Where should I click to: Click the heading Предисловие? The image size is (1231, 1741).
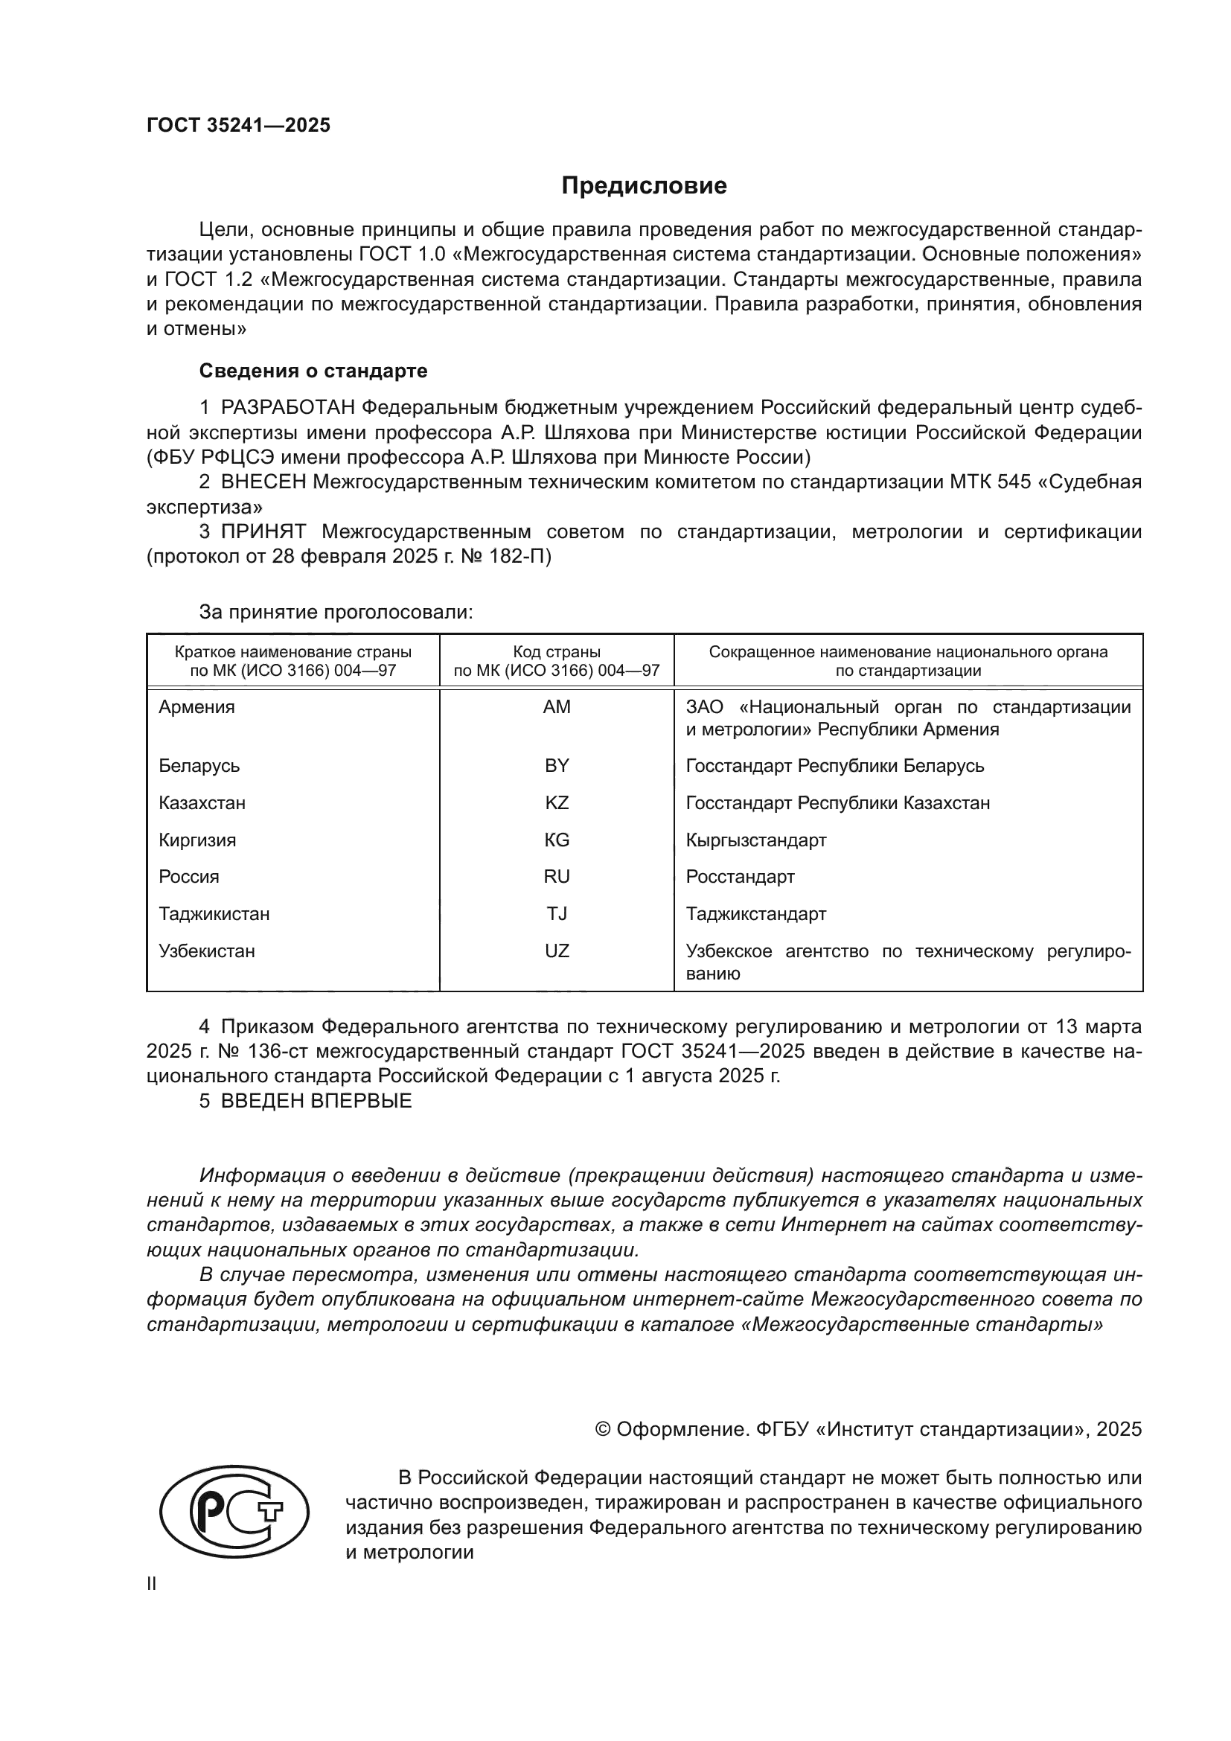pos(644,186)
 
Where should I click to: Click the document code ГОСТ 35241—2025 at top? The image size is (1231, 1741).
pos(239,125)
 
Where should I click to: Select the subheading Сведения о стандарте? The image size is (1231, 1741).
pos(313,371)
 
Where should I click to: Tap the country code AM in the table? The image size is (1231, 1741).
pos(557,706)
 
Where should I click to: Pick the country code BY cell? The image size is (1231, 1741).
pos(557,766)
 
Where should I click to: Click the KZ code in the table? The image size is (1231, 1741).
pos(557,803)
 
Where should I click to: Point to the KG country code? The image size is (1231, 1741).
pos(557,840)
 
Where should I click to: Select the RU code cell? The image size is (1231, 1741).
pos(557,877)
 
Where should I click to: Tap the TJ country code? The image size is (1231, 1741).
pos(557,914)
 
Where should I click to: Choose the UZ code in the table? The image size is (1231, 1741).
pos(557,951)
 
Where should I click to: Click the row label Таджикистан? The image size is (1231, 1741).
pos(214,914)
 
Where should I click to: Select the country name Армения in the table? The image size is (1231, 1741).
pos(196,706)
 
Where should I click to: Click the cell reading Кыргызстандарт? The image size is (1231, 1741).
pos(755,840)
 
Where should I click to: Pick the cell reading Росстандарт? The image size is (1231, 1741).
pos(740,877)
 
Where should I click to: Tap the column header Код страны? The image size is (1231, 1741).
pos(557,652)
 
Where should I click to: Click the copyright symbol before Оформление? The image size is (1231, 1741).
pos(603,1429)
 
